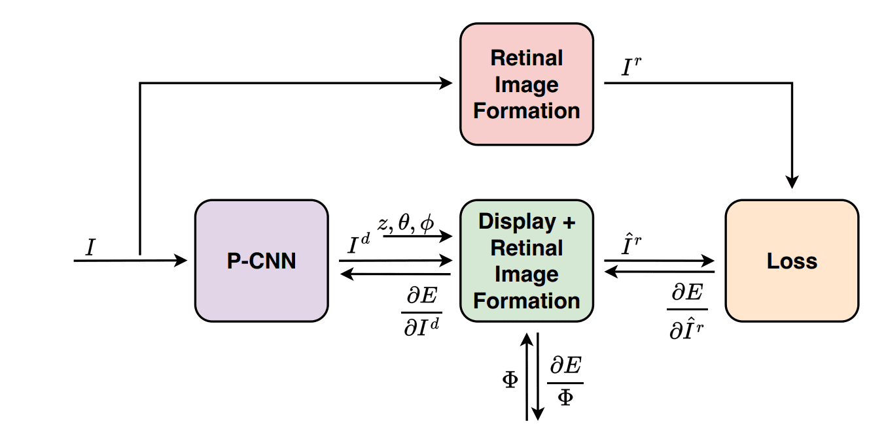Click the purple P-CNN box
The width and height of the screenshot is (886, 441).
click(x=261, y=261)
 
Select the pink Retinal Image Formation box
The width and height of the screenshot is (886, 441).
click(x=526, y=84)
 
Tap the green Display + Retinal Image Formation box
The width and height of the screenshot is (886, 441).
click(x=526, y=261)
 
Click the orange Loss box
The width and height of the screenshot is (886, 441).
click(x=792, y=261)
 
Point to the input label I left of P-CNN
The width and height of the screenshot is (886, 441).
click(x=90, y=247)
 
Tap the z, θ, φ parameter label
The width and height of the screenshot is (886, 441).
click(x=406, y=223)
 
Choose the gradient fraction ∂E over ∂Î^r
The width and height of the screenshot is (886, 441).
click(x=687, y=312)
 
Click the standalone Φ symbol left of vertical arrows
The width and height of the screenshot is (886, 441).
click(x=510, y=380)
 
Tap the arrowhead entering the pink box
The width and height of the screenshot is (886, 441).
click(x=447, y=83)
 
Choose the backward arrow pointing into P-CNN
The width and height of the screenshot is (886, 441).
click(x=395, y=275)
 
